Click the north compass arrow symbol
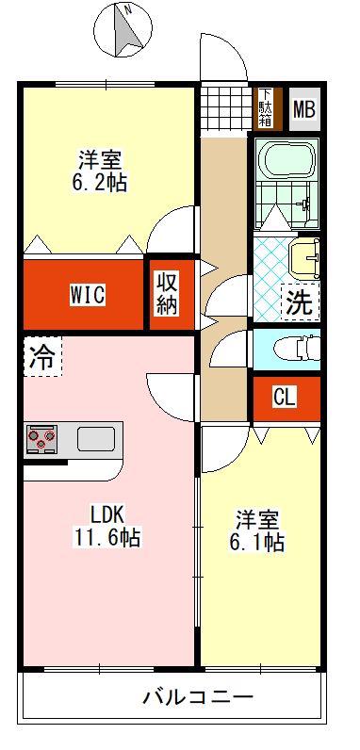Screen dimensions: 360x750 coord(126,29)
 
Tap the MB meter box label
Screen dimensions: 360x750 coord(304,109)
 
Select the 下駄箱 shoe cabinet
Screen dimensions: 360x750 coord(266,108)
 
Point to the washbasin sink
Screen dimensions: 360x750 coord(305,259)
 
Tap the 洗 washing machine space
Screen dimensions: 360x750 coord(300,302)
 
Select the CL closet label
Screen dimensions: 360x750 coord(285,397)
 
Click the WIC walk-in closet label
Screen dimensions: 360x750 coord(87,294)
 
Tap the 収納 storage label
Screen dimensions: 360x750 coord(166,294)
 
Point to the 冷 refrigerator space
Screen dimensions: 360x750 coord(43,356)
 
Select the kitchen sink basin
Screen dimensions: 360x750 coord(95,439)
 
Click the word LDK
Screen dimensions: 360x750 coord(108,515)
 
